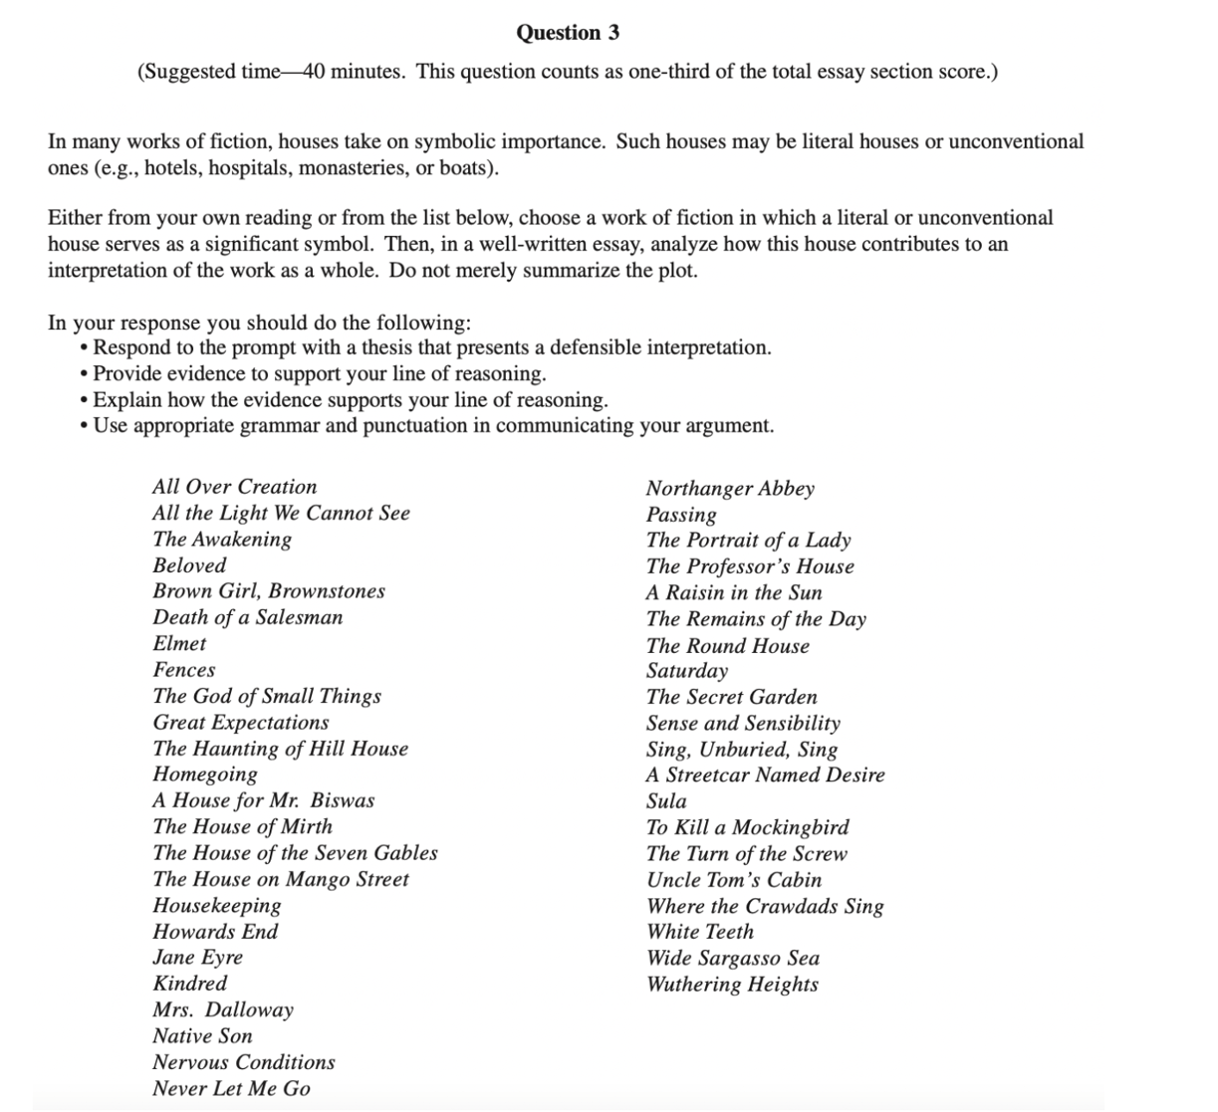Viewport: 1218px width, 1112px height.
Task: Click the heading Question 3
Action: pos(567,33)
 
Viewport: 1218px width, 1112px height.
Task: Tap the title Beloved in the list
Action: pos(189,565)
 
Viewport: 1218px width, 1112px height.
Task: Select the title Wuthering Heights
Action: pos(732,985)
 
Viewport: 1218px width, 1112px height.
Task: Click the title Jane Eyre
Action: pos(197,958)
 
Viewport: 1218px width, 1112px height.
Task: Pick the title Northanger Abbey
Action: pos(730,489)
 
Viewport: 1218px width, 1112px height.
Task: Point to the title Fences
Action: pos(184,670)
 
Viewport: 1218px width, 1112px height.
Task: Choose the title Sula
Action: pos(666,801)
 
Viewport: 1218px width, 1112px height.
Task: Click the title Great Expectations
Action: pos(240,723)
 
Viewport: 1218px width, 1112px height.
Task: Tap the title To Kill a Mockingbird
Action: pos(747,827)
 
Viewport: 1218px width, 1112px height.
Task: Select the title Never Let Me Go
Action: pos(231,1089)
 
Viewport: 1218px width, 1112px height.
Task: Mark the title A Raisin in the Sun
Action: pos(734,592)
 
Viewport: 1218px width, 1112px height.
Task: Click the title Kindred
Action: pos(189,984)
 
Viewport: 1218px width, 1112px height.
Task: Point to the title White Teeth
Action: pos(700,932)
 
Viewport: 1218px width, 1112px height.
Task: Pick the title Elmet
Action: pos(179,644)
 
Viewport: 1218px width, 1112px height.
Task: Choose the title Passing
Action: pos(681,515)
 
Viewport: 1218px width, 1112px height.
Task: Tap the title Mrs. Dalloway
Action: pos(223,1009)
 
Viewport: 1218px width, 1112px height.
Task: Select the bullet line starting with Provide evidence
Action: pos(319,374)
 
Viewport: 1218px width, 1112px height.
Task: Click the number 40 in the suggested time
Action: pos(315,72)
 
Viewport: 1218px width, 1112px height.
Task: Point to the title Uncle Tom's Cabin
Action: pos(734,880)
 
